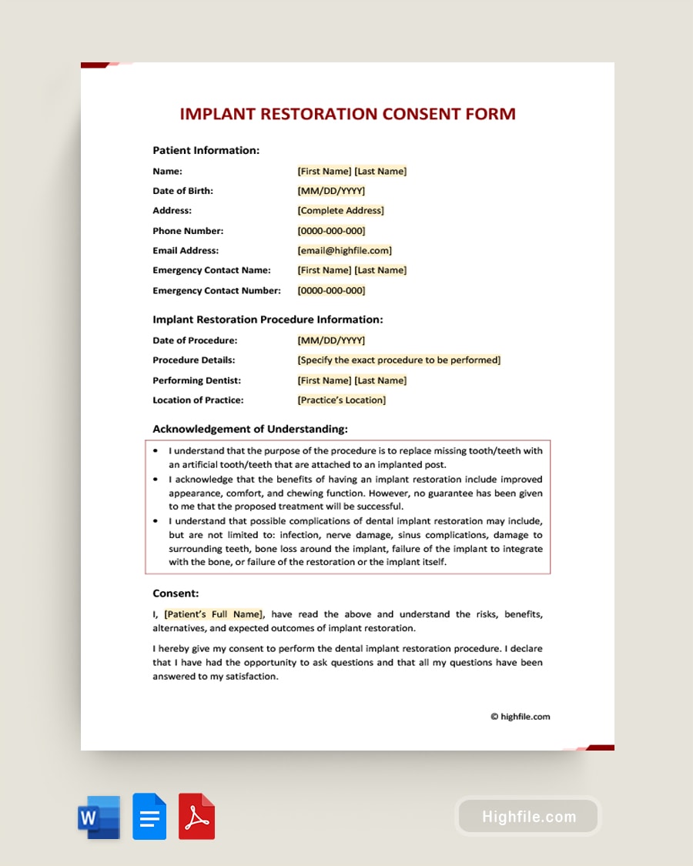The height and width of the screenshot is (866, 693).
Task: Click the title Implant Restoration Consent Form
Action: coord(347,114)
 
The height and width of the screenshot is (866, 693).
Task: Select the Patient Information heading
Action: coord(206,150)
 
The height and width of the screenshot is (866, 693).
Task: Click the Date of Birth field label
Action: coord(182,191)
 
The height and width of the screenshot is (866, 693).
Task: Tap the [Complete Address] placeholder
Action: coord(340,211)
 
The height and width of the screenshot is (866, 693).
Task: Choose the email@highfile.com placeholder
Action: coord(344,250)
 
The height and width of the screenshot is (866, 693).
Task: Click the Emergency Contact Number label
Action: coord(216,290)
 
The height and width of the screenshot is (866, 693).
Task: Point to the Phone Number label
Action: coord(188,231)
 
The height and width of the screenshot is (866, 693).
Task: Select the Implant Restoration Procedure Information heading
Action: coord(267,319)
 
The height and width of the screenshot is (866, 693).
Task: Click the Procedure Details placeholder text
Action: coord(399,360)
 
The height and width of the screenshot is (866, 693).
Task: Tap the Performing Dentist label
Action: coord(196,380)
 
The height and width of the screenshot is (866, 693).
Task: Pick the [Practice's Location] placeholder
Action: coord(341,400)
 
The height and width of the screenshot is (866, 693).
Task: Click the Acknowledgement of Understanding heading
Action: coord(249,429)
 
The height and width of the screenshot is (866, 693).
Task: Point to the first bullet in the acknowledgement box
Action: coord(156,451)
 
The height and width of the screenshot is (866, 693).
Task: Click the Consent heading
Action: coord(176,593)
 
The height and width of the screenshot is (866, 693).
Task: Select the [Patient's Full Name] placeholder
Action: coord(213,614)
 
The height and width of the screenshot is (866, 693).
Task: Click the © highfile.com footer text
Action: coord(520,717)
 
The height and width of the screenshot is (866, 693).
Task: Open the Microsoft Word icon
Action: coord(99,817)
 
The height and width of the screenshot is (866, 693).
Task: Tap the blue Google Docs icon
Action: coord(149,817)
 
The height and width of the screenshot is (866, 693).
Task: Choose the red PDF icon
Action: coord(196,817)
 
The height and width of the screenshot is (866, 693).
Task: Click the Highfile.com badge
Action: coord(528,817)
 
